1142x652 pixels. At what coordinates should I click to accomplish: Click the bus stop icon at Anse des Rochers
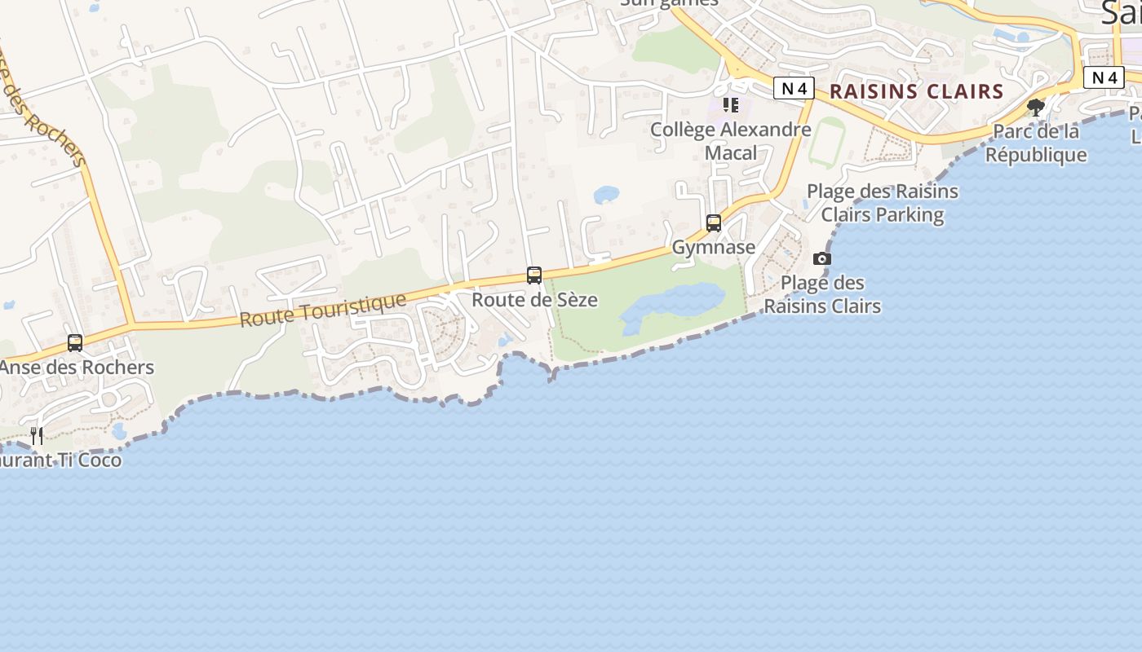75,343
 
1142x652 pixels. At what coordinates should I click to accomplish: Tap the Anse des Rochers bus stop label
77,368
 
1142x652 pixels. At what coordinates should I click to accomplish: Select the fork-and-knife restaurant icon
36,436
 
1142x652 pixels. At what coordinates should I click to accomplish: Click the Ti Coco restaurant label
60,460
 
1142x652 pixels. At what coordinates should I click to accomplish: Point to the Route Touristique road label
323,310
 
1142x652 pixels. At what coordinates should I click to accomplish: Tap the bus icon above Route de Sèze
534,275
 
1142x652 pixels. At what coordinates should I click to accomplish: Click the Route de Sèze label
534,300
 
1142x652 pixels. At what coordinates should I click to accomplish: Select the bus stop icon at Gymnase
714,223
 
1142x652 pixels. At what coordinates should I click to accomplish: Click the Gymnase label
714,247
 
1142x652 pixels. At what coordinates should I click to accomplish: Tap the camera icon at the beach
822,259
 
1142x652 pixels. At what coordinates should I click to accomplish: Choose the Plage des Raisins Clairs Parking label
883,204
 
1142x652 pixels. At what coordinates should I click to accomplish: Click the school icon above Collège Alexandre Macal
731,105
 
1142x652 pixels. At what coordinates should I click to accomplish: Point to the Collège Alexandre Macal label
731,141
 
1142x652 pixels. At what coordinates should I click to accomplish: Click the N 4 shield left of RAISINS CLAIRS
794,88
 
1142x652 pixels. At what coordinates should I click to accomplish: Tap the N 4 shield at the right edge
1104,77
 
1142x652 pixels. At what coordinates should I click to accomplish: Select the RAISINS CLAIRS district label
916,91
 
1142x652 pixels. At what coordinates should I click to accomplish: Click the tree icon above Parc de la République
1036,107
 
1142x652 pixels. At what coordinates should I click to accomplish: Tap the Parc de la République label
1036,143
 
